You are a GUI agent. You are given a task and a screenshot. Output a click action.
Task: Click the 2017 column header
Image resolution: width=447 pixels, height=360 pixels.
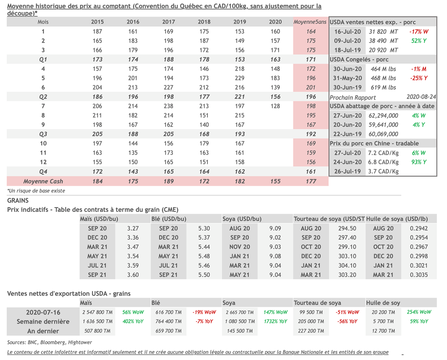[168, 22]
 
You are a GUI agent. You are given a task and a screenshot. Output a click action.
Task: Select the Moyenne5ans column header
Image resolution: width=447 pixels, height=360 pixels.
[310, 22]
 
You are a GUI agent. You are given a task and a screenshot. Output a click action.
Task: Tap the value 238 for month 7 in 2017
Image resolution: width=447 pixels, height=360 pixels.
[168, 106]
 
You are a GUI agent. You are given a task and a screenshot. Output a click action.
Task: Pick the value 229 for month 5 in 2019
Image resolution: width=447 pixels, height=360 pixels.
[240, 78]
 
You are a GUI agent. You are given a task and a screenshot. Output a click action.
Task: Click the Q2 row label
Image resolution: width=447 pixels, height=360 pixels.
[43, 97]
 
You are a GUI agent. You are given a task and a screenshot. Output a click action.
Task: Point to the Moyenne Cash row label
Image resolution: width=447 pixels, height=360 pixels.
[43, 181]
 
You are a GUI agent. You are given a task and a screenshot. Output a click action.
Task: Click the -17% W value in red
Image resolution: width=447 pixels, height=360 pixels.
[419, 32]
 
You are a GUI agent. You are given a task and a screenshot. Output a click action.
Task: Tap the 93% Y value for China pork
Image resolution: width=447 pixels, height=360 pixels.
[419, 162]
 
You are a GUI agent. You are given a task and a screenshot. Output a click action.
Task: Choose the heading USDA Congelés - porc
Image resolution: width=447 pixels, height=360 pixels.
[359, 59]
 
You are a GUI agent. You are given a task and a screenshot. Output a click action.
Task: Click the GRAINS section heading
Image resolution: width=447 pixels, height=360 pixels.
[18, 201]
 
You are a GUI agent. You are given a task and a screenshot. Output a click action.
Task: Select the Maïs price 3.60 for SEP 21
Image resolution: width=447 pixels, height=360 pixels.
[133, 275]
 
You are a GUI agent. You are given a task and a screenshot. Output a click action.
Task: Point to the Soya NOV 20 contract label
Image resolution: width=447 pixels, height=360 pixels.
[240, 247]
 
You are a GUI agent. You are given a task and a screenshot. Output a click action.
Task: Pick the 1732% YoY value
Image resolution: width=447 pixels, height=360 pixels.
[275, 322]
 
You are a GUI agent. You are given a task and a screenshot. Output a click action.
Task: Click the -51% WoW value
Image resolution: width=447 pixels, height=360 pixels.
[347, 312]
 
